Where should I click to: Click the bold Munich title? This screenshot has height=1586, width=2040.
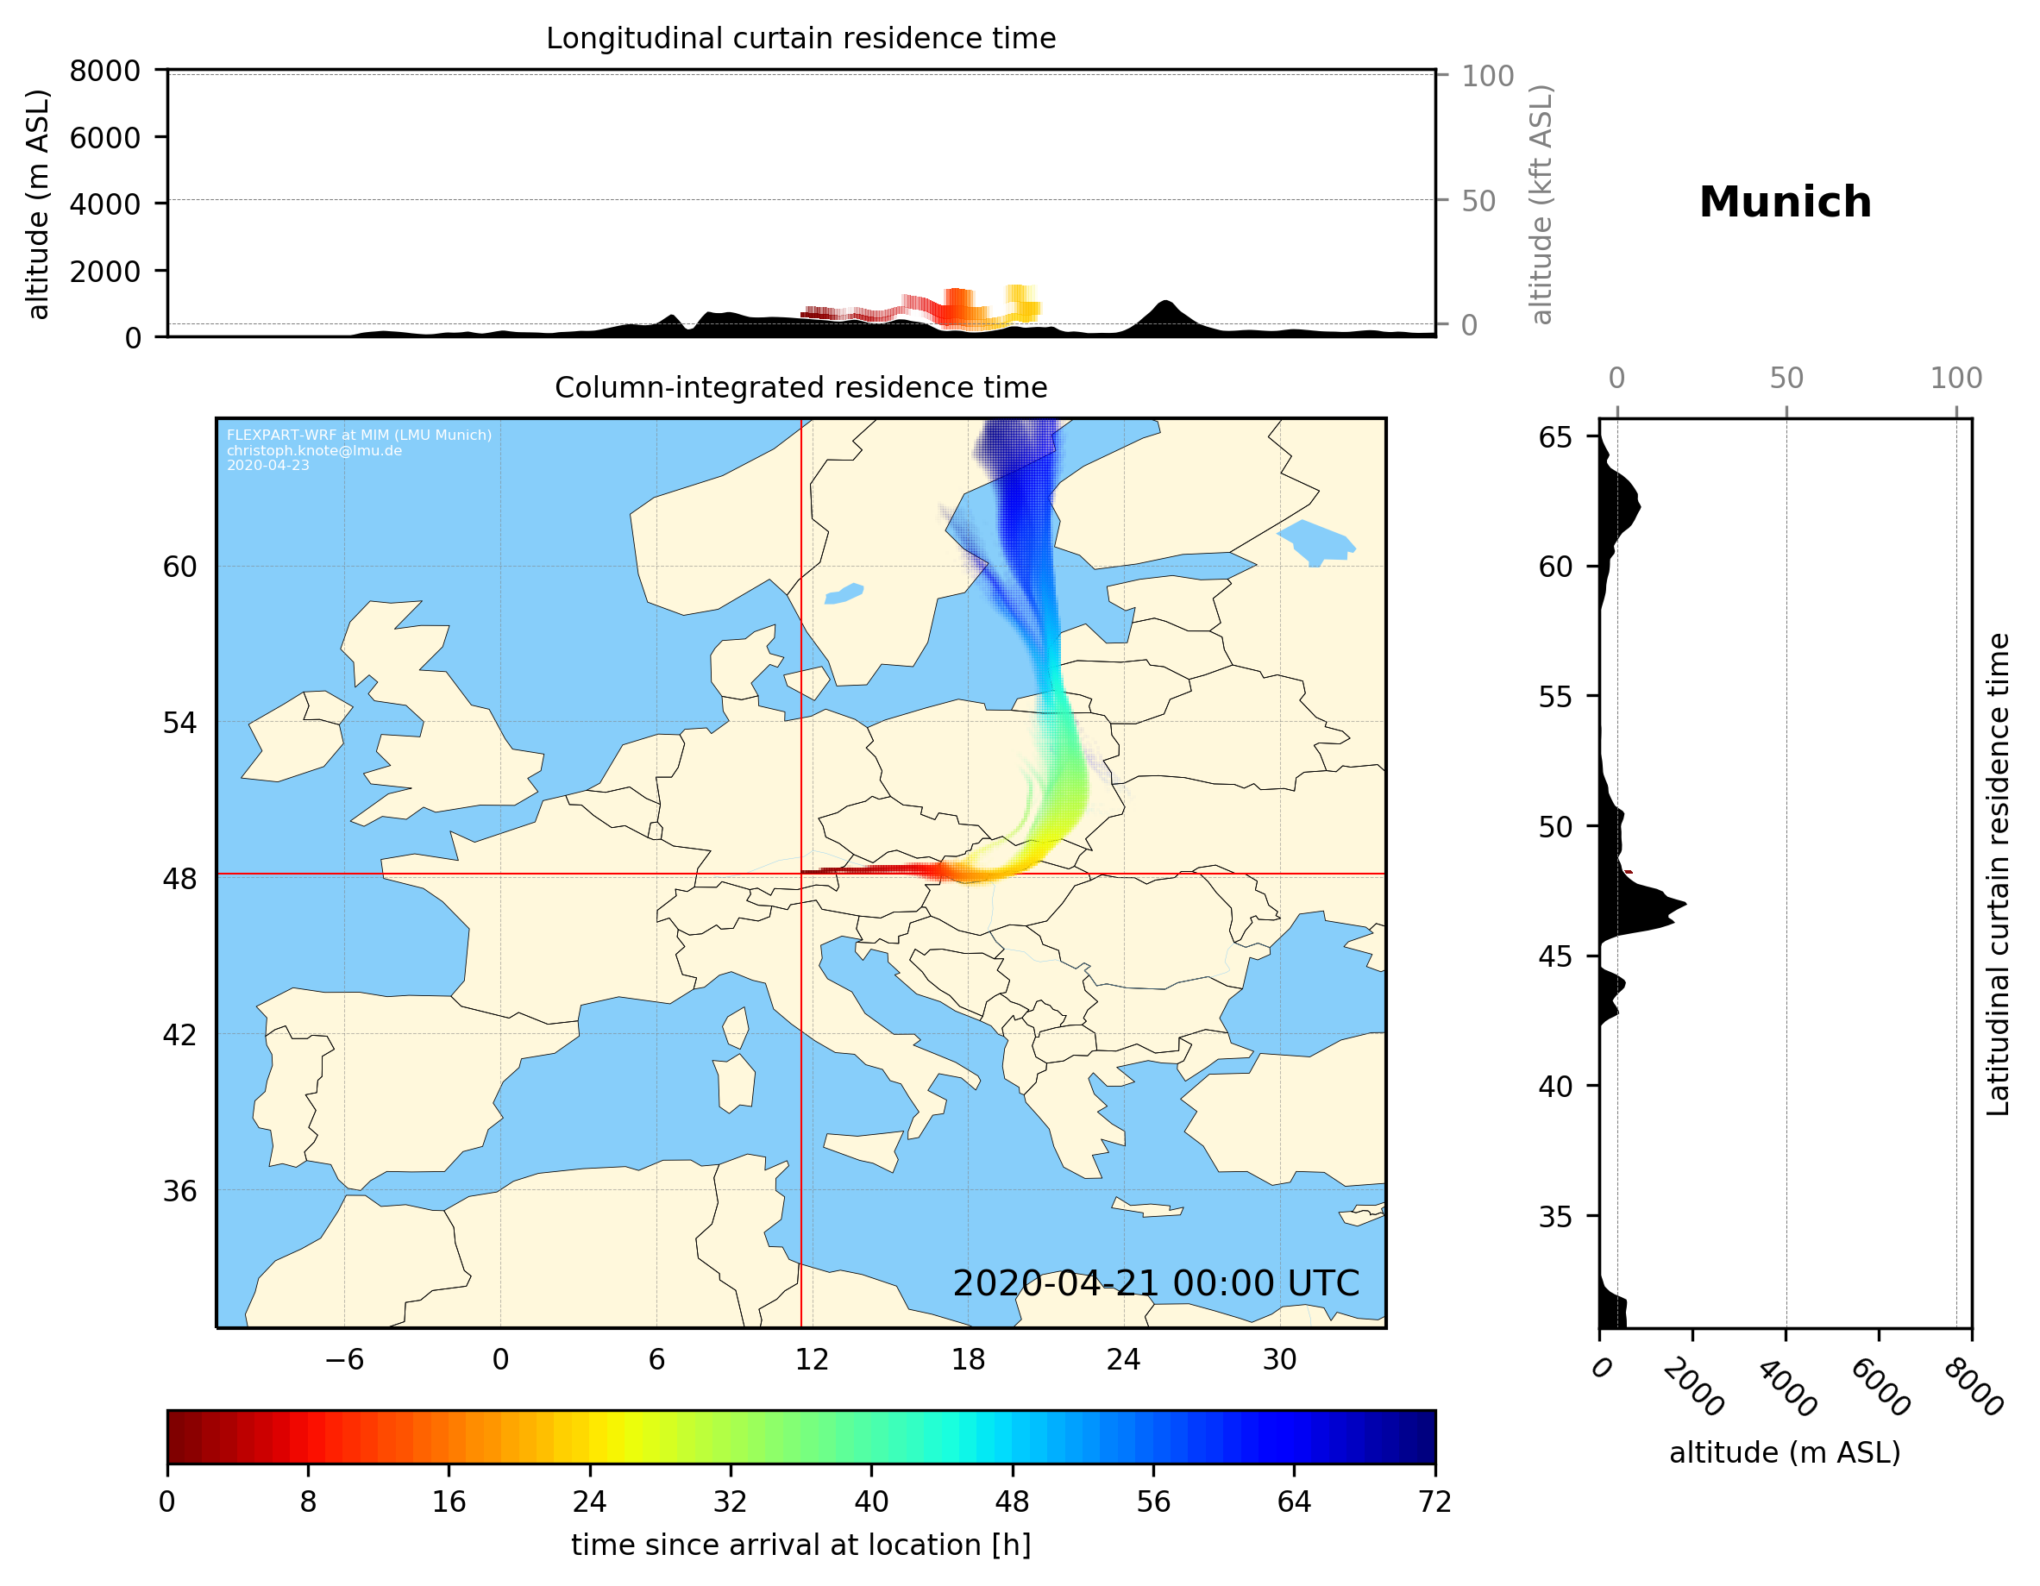tap(1784, 203)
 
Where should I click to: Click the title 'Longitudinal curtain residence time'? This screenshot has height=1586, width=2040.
tap(800, 38)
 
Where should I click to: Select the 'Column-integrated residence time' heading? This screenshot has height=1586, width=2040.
tap(800, 387)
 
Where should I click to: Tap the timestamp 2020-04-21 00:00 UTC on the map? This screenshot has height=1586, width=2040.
tap(1156, 1283)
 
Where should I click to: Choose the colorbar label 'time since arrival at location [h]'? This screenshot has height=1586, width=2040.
tap(800, 1545)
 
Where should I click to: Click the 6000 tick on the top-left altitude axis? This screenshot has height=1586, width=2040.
tap(104, 137)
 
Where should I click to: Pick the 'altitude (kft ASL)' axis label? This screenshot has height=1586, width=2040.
tap(1541, 204)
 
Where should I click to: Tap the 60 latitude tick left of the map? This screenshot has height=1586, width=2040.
tap(180, 567)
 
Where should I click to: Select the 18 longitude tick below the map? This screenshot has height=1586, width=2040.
tap(968, 1359)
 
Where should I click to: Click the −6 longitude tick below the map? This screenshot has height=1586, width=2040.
tap(343, 1359)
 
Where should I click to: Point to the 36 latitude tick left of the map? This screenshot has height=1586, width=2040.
tap(180, 1191)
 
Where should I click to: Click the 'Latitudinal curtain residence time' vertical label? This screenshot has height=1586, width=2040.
tap(1997, 874)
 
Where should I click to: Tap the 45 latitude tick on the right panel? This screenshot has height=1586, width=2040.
tap(1555, 956)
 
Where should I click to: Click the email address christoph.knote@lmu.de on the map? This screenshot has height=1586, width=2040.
tap(314, 450)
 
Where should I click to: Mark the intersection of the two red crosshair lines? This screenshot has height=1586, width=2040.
tap(800, 874)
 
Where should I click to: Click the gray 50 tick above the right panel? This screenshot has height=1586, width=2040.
tap(1786, 379)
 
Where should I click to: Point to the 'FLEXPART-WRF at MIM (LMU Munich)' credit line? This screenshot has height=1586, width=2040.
tap(359, 436)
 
